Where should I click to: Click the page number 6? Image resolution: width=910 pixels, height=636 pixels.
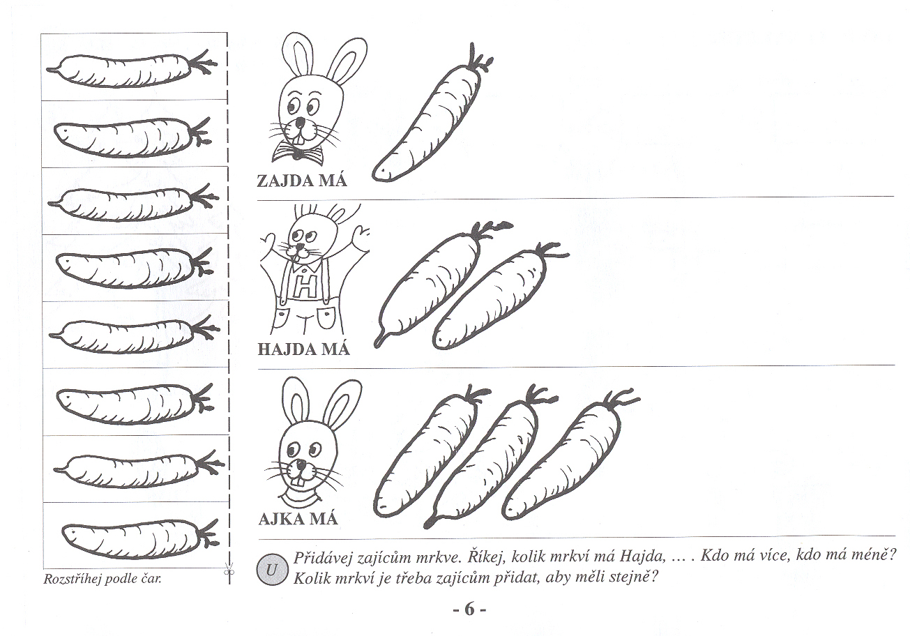(x=469, y=609)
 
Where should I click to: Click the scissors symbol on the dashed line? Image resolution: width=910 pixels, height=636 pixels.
(x=229, y=571)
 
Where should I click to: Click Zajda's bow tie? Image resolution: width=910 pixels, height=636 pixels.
(x=298, y=153)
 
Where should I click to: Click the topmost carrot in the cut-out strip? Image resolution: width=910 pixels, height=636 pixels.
(x=132, y=68)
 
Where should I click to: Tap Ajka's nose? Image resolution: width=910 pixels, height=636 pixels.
(x=301, y=464)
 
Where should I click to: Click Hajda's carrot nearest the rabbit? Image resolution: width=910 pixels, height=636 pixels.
(x=439, y=285)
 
